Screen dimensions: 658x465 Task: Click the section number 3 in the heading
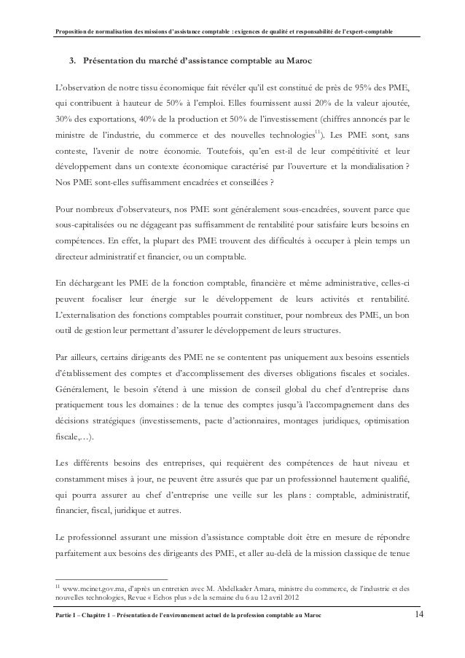72,61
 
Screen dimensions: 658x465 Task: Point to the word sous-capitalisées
92,218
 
